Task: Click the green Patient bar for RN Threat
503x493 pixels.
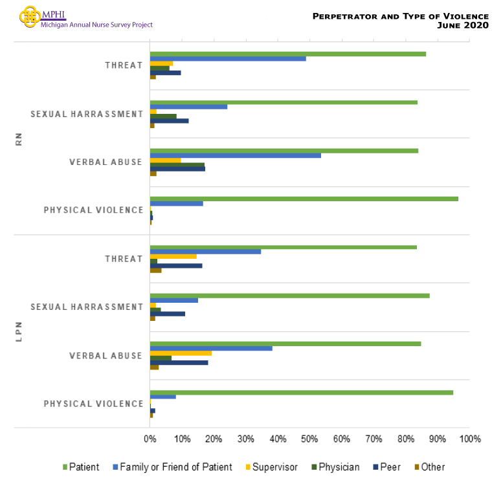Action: click(287, 53)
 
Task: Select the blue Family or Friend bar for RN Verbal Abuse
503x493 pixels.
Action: click(235, 155)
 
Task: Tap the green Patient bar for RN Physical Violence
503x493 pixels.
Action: click(304, 199)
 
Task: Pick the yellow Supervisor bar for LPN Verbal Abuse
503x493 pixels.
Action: click(181, 353)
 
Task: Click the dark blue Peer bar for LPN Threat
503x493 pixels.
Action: click(176, 266)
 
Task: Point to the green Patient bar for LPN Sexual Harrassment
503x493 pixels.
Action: click(289, 296)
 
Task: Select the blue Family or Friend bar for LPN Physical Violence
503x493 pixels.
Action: click(162, 397)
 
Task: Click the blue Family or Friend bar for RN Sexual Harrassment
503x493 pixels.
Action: click(188, 106)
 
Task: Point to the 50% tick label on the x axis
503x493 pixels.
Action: click(309, 439)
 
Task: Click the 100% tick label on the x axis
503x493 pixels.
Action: click(469, 439)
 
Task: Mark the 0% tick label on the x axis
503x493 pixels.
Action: click(150, 439)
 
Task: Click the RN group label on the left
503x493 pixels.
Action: click(19, 138)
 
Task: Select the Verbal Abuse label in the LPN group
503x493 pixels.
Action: click(106, 356)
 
